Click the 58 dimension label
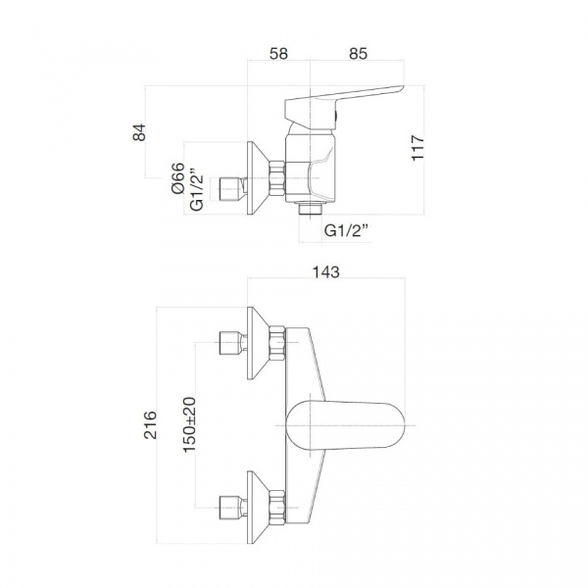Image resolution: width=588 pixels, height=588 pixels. [x=278, y=53]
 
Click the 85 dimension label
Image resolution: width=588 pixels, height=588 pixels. [x=358, y=53]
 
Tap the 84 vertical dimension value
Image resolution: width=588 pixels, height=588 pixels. [x=139, y=132]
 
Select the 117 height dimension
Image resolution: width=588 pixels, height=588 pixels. [x=417, y=148]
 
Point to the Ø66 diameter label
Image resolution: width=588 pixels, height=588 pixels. [x=178, y=178]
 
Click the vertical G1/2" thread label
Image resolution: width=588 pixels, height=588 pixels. [x=197, y=191]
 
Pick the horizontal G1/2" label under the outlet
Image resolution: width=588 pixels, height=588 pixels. [x=345, y=230]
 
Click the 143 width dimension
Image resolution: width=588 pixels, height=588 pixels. [x=326, y=271]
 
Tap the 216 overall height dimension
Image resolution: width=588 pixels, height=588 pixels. [x=150, y=425]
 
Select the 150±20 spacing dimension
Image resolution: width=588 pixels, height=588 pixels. [x=189, y=424]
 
